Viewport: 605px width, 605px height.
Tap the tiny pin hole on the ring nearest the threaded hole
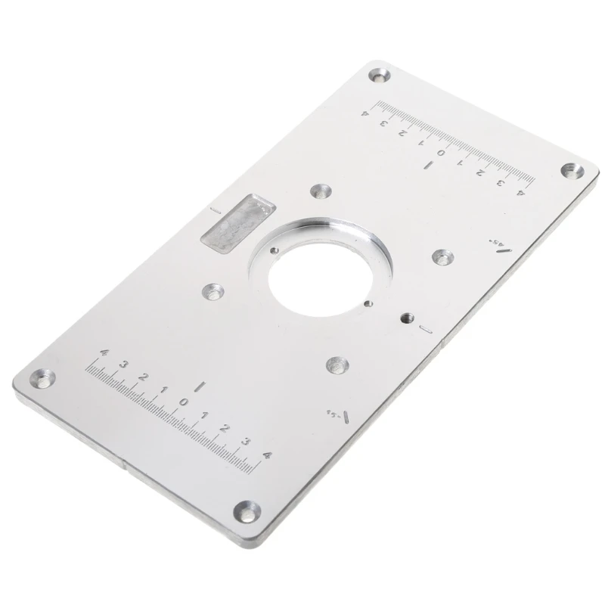365,304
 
